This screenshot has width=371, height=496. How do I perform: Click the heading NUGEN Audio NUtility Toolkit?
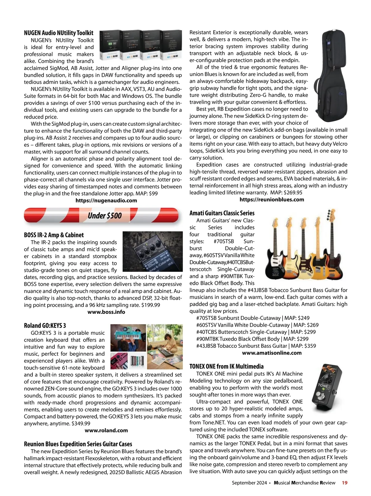(59, 33)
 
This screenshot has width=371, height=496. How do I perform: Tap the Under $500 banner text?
(104, 215)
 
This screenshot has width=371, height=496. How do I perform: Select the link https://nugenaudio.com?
(106, 200)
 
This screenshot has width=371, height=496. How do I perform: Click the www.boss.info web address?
(106, 312)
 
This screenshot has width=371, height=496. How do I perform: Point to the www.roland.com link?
(106, 430)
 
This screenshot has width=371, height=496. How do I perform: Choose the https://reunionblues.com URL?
(272, 200)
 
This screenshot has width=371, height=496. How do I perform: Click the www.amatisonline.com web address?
(272, 353)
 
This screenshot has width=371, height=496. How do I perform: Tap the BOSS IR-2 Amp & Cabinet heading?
(54, 235)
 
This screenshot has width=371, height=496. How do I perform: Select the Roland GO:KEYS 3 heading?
(45, 326)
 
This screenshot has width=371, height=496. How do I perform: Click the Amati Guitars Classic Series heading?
(222, 213)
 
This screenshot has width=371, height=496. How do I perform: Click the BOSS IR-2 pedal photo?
(152, 251)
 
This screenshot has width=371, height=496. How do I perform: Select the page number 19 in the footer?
(344, 483)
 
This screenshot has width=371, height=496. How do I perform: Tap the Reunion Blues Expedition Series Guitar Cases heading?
(78, 444)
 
